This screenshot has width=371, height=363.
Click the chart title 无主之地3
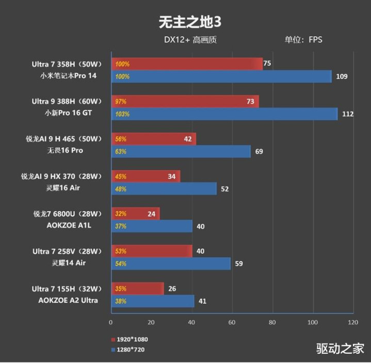click(185, 22)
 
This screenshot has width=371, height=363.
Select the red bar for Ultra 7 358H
click(186, 64)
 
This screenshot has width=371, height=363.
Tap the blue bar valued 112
click(224, 114)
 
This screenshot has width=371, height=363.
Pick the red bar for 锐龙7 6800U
click(135, 214)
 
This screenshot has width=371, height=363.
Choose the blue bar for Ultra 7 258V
click(170, 264)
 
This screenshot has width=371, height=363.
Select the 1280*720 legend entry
click(130, 350)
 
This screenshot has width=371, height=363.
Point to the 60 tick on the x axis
click(232, 323)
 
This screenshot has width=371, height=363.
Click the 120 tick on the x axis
click(353, 323)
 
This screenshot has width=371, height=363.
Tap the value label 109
click(342, 77)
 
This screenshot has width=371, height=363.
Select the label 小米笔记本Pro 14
click(68, 76)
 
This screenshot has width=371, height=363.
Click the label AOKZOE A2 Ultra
click(68, 300)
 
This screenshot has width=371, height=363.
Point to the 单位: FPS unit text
click(303, 40)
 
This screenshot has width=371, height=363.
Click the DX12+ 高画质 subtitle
click(190, 40)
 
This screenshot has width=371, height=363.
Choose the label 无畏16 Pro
click(64, 151)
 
